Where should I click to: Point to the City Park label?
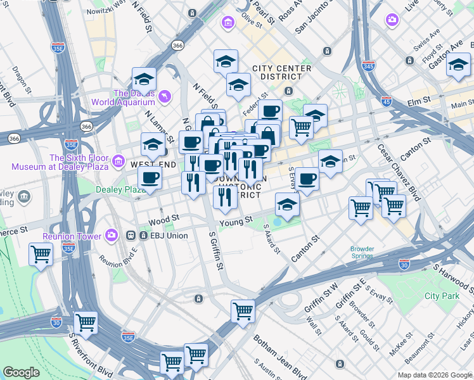click(442, 296)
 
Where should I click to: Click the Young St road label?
click(236, 222)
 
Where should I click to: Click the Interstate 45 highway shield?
click(386, 101)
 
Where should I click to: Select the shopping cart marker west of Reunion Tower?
click(41, 255)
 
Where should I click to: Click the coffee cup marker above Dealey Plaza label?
click(150, 179)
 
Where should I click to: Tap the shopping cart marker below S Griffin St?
click(243, 311)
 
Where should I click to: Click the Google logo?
click(22, 372)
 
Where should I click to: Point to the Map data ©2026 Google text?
click(434, 374)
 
